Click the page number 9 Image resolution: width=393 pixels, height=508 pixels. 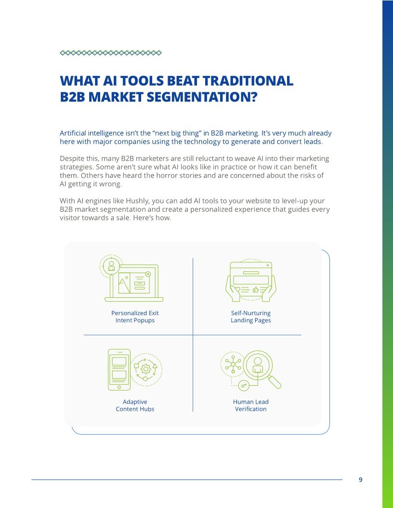361,480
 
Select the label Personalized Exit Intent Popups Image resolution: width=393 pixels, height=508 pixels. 135,317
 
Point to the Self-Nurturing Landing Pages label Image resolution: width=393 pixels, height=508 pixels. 250,317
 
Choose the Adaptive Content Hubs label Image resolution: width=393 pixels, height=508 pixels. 135,405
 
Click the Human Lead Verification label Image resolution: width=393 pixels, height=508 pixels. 250,405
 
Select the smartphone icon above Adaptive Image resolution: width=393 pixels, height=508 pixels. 119,369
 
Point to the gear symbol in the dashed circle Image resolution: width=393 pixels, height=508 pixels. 146,369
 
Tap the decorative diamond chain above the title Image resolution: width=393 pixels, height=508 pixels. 111,53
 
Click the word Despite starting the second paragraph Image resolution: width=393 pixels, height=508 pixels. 71,158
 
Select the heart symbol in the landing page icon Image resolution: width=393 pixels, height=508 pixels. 237,290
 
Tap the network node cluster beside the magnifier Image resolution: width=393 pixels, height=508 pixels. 233,364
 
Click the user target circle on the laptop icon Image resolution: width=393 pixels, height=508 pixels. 111,266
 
